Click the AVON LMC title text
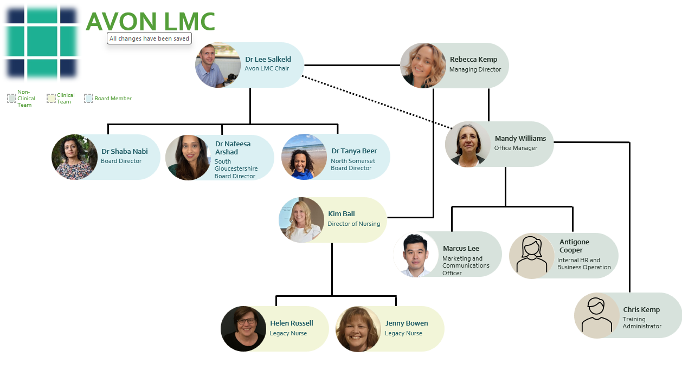coord(150,22)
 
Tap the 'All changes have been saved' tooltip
coord(149,38)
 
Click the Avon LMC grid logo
coord(42,42)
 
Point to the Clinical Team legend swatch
coord(51,98)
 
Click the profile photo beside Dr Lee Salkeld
coord(218,65)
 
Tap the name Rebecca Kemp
coord(473,60)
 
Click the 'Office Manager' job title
coord(516,148)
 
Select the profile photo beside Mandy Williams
coord(468,144)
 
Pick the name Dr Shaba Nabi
coord(124,152)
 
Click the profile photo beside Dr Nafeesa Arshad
coord(188,157)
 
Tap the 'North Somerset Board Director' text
coord(353,165)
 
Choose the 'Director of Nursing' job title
coord(353,224)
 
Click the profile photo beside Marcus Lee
coord(416,255)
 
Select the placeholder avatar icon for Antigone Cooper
coord(532,256)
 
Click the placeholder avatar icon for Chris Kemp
coord(597,315)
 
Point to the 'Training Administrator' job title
coord(642,323)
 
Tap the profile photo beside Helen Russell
coord(243,329)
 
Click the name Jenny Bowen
coord(407,323)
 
